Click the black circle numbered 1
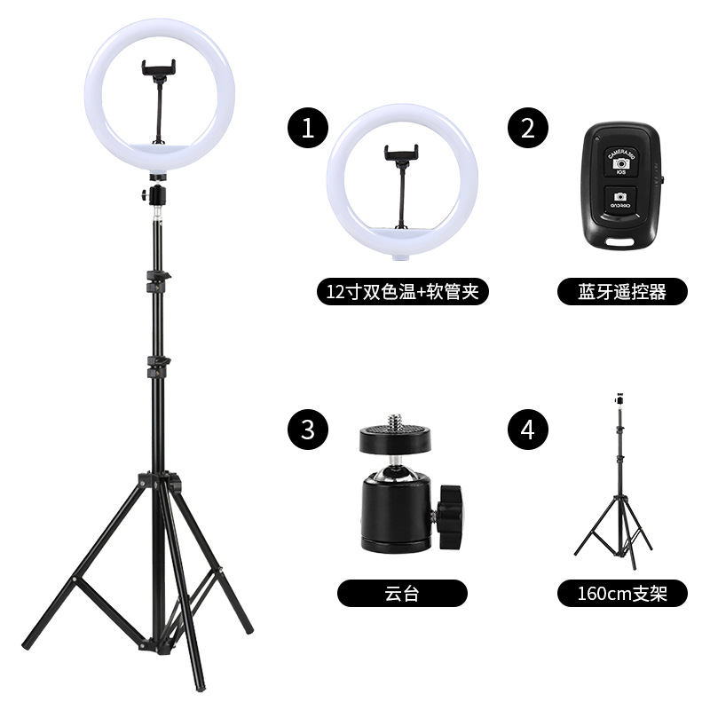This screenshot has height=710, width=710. pyautogui.click(x=308, y=128)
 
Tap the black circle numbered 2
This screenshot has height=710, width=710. pyautogui.click(x=527, y=128)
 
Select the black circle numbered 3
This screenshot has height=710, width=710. pyautogui.click(x=308, y=430)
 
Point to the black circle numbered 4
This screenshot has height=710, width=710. pyautogui.click(x=527, y=430)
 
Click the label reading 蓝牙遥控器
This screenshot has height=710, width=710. pyautogui.click(x=622, y=292)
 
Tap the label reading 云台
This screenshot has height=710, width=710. pyautogui.click(x=402, y=593)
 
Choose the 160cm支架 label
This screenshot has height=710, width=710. pyautogui.click(x=622, y=593)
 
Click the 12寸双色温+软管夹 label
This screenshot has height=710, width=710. pyautogui.click(x=403, y=292)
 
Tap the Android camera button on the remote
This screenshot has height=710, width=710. pyautogui.click(x=620, y=200)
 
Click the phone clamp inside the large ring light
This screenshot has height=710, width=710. pyautogui.click(x=159, y=69)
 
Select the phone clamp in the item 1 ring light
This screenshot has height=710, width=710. pyautogui.click(x=401, y=154)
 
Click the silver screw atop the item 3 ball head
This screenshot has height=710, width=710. pyautogui.click(x=395, y=419)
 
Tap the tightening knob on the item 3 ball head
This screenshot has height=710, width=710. pyautogui.click(x=450, y=516)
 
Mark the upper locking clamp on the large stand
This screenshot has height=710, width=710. pyautogui.click(x=158, y=280)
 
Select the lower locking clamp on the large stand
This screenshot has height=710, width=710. pyautogui.click(x=158, y=367)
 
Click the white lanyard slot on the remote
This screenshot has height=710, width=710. pyautogui.click(x=620, y=241)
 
